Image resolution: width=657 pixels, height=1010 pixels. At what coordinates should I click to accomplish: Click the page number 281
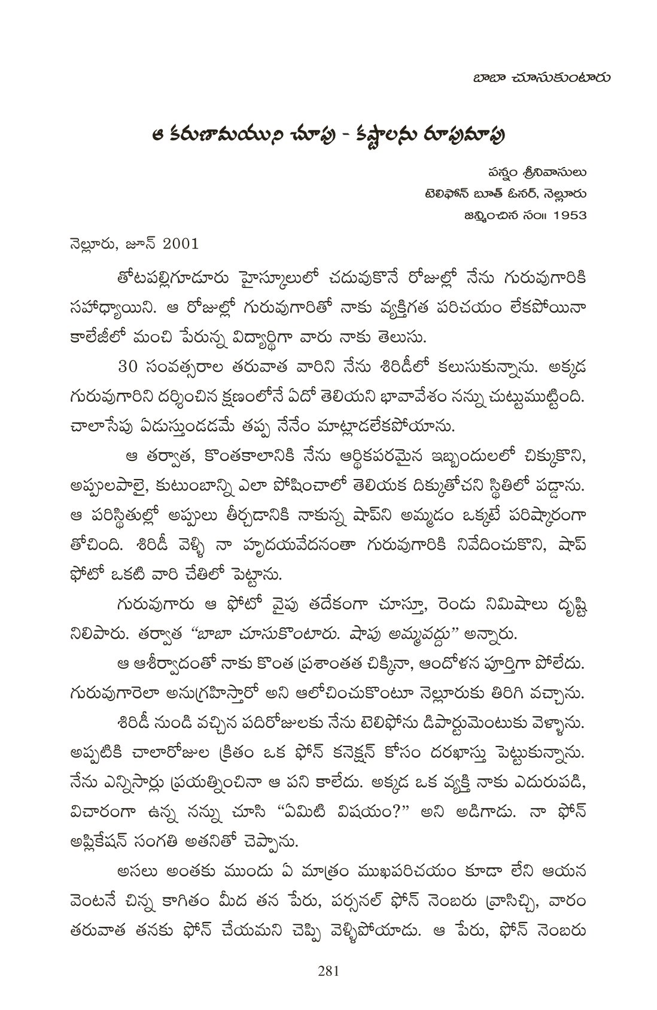[x=328, y=971]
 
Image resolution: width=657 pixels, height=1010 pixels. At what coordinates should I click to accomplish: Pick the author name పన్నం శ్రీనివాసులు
[x=536, y=173]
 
